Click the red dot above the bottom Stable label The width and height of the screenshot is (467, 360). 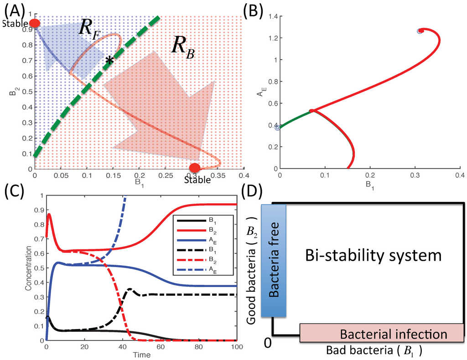click(x=195, y=168)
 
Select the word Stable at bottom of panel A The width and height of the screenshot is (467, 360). click(x=197, y=180)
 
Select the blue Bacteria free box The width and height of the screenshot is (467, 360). click(x=274, y=261)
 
